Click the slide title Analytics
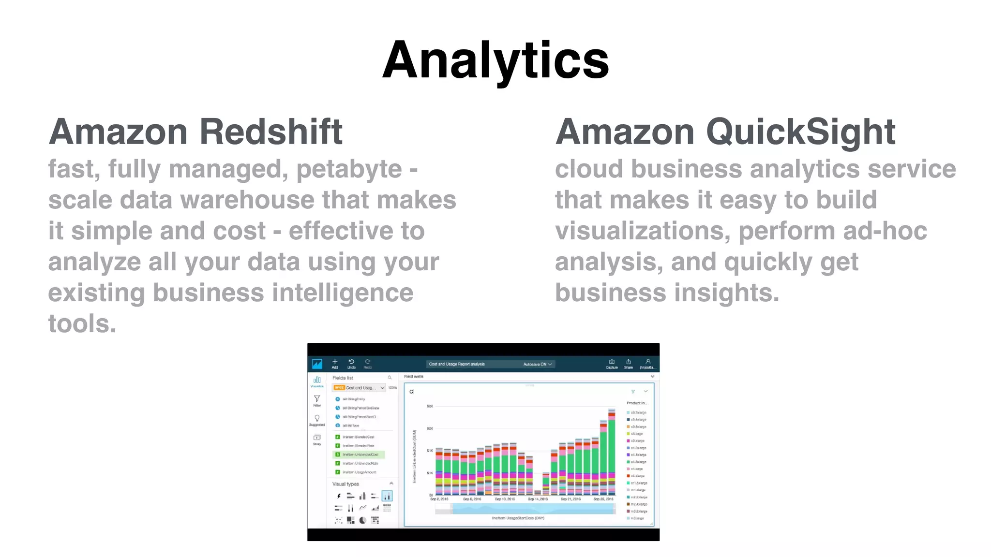point(495,60)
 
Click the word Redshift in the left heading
point(271,132)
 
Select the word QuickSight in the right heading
point(801,132)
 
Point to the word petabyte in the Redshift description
point(349,169)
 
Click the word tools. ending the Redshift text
point(82,323)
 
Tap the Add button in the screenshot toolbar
point(335,364)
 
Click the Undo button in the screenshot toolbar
point(351,364)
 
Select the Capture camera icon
point(612,363)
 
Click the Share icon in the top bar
point(628,363)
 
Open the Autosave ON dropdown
point(537,364)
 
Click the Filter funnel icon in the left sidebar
point(317,400)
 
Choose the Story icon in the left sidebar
point(317,439)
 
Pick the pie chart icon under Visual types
point(362,520)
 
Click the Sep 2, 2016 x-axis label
point(439,499)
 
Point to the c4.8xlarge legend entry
point(638,462)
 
